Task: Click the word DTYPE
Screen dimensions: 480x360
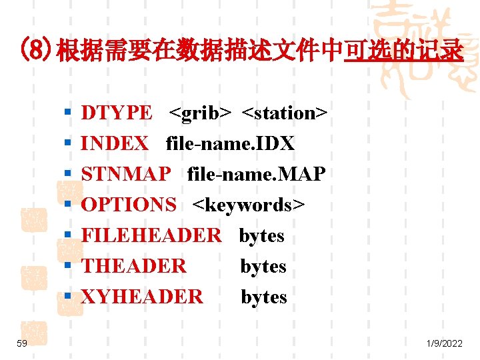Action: point(116,113)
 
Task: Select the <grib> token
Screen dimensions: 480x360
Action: point(200,113)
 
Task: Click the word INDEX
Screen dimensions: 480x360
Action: point(114,144)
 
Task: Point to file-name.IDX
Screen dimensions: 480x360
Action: point(230,144)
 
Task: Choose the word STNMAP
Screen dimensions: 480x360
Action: point(125,175)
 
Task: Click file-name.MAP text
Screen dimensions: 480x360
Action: point(257,175)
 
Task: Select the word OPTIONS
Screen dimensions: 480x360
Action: point(129,205)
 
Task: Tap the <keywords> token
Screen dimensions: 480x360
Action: point(249,205)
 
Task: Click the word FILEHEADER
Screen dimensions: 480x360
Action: point(151,236)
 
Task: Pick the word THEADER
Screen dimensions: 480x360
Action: point(133,267)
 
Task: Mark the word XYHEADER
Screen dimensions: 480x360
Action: point(141,297)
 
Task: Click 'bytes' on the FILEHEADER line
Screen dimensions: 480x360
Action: point(261,236)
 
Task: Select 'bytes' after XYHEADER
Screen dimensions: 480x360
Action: point(263,297)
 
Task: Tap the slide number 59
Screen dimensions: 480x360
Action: point(22,343)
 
